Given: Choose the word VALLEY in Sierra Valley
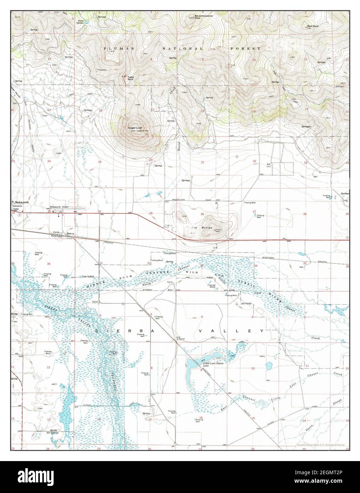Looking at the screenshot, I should (231, 331).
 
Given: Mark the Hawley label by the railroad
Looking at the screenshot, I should (70, 233).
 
